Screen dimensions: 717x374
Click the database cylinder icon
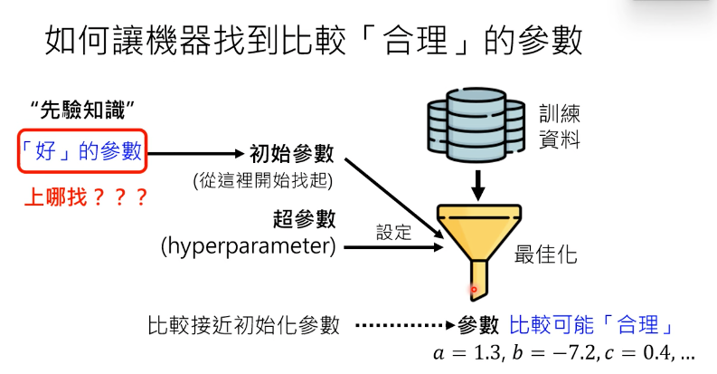click(x=476, y=125)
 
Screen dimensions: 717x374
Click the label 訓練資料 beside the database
click(x=560, y=127)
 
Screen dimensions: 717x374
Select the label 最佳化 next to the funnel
click(x=545, y=254)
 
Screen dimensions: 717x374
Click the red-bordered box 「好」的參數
click(x=82, y=151)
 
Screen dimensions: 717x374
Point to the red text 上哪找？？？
click(x=86, y=197)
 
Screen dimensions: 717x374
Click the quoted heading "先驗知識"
click(x=82, y=110)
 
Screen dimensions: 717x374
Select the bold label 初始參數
click(x=292, y=154)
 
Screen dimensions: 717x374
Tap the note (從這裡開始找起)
click(x=263, y=180)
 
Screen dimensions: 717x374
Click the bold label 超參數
click(x=304, y=219)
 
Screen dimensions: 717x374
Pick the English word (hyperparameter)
click(x=249, y=246)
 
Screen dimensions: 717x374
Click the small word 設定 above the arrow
click(x=393, y=232)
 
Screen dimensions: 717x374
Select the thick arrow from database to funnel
click(x=477, y=186)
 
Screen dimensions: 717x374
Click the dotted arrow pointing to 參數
click(x=405, y=325)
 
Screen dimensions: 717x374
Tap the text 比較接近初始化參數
click(x=244, y=325)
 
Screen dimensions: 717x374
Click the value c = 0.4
click(x=639, y=353)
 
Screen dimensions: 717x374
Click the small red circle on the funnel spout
click(x=474, y=289)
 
